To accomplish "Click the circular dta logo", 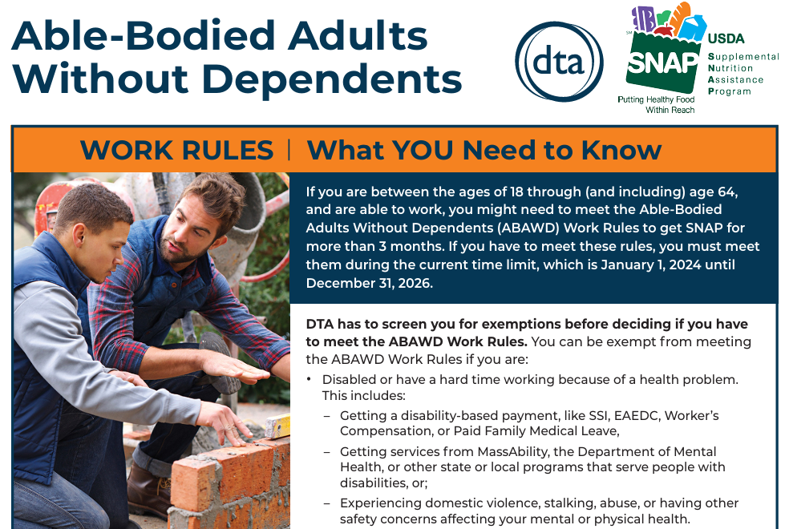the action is [559, 62].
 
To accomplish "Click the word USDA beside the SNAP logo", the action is [726, 38].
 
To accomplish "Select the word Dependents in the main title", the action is [333, 80].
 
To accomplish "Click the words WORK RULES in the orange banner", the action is [176, 150].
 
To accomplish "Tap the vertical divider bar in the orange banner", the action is [289, 150].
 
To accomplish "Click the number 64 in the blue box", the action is [727, 192].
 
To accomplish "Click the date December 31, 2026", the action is [369, 283].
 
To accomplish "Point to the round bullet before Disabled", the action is [310, 380].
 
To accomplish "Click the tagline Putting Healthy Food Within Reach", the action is [657, 105].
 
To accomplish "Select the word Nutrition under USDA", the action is [730, 68].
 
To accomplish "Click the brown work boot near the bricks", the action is [149, 490].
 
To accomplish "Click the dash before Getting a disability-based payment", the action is [327, 417].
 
